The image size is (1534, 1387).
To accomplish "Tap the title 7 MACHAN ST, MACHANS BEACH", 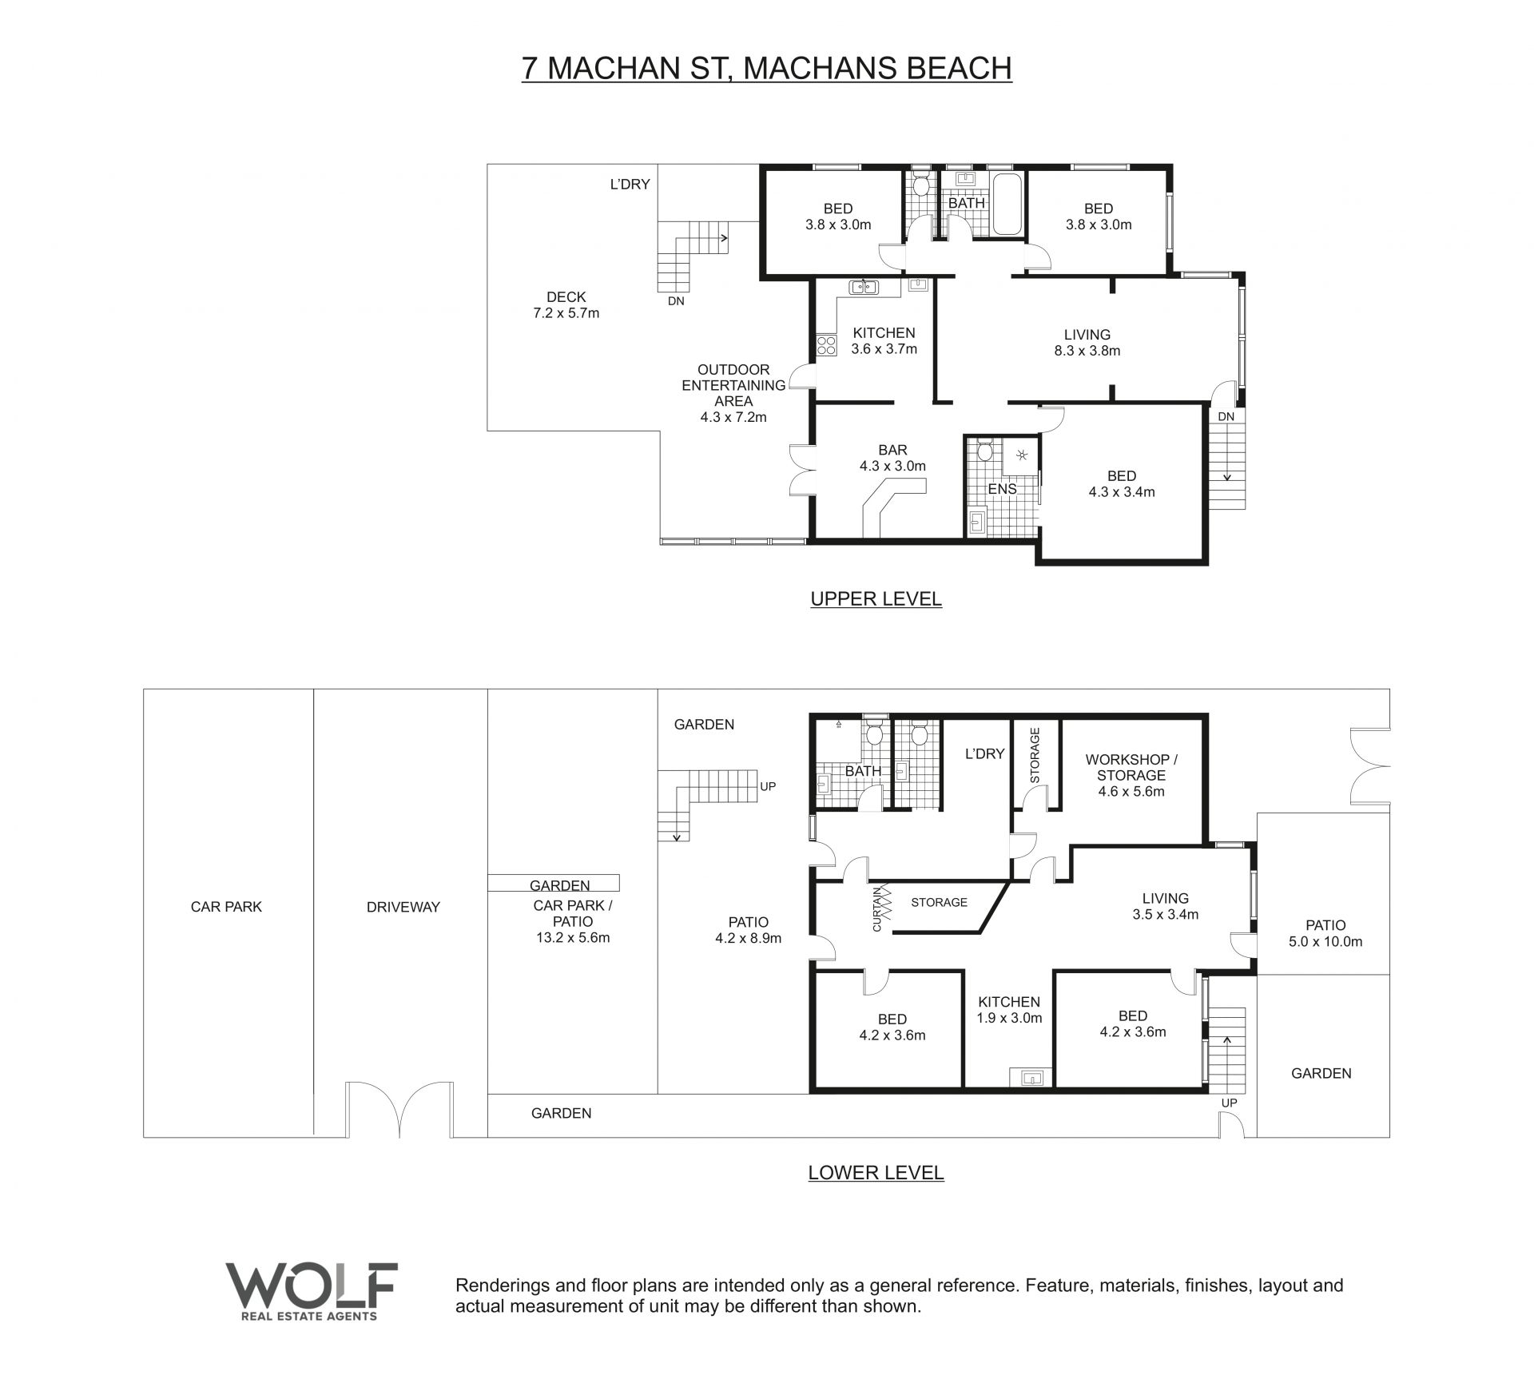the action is pyautogui.click(x=767, y=68).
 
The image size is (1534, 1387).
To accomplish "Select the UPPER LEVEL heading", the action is pyautogui.click(x=876, y=598).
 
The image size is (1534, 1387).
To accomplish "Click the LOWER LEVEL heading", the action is pyautogui.click(x=876, y=1172).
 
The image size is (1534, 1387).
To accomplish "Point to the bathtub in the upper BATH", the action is pyautogui.click(x=1007, y=205).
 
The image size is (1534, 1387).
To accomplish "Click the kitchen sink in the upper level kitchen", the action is pyautogui.click(x=864, y=286).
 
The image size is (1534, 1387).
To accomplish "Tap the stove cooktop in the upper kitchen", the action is pyautogui.click(x=826, y=345).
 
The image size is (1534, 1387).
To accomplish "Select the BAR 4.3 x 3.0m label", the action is pyautogui.click(x=892, y=458).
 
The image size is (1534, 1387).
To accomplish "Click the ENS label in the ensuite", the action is pyautogui.click(x=1002, y=488).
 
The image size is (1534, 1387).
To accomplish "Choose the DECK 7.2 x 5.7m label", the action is pyautogui.click(x=566, y=305).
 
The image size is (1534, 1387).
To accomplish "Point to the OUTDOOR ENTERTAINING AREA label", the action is pyautogui.click(x=733, y=393).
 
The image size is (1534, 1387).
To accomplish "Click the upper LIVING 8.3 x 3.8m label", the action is pyautogui.click(x=1087, y=342).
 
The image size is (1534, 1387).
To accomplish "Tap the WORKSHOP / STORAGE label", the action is pyautogui.click(x=1131, y=775).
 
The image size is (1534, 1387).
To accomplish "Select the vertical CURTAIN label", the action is pyautogui.click(x=876, y=908).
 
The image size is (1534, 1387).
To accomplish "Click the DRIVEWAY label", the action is pyautogui.click(x=403, y=907).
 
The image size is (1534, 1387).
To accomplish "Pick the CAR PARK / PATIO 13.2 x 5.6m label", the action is pyautogui.click(x=573, y=921).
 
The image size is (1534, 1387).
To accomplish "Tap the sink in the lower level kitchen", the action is pyautogui.click(x=1032, y=1078).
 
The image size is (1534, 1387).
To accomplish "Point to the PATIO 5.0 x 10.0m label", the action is pyautogui.click(x=1325, y=933).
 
